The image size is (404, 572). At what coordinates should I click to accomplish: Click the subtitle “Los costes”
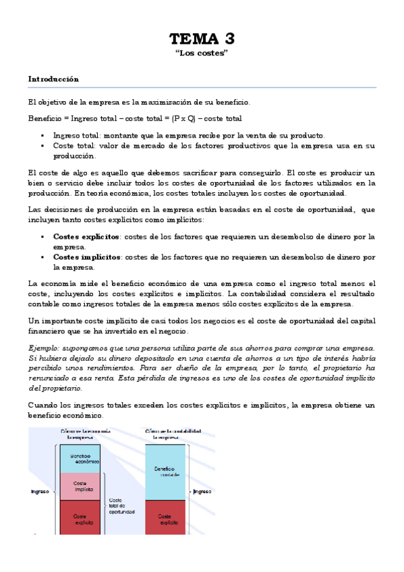click(202, 53)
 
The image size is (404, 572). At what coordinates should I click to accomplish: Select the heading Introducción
click(53, 79)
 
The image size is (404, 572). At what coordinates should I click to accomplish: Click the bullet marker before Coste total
click(42, 146)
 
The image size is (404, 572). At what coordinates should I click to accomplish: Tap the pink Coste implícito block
click(80, 487)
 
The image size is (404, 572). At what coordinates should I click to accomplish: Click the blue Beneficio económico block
click(80, 458)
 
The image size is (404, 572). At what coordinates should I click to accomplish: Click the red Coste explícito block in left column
click(80, 518)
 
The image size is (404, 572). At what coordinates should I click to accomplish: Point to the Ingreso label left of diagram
click(40, 492)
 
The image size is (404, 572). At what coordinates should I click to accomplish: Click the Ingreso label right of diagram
click(203, 492)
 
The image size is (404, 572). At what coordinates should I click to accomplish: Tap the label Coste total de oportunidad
click(121, 503)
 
